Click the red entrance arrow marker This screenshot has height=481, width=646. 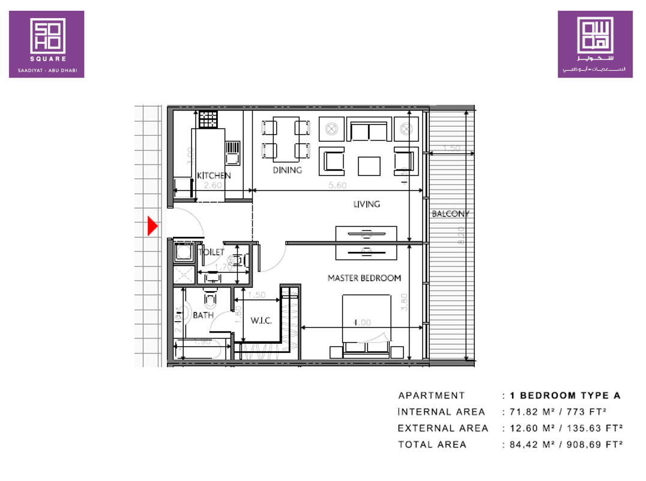pyautogui.click(x=152, y=226)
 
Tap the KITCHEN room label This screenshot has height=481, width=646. pyautogui.click(x=214, y=176)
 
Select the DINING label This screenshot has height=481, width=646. pyautogui.click(x=287, y=170)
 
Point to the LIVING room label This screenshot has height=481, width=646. pyautogui.click(x=366, y=204)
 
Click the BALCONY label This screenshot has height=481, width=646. pyautogui.click(x=450, y=213)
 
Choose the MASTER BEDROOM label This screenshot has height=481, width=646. pyautogui.click(x=364, y=278)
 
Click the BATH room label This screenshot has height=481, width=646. pyautogui.click(x=203, y=315)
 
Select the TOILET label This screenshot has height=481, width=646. pyautogui.click(x=211, y=253)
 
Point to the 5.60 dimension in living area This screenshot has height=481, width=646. pyautogui.click(x=338, y=186)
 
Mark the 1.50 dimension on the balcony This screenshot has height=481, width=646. pyautogui.click(x=451, y=149)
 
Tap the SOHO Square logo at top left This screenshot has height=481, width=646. pyautogui.click(x=46, y=44)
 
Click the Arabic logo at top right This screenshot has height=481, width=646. pyautogui.click(x=595, y=44)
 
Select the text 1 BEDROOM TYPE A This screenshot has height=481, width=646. pyautogui.click(x=565, y=396)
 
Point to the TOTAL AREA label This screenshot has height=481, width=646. pyautogui.click(x=432, y=444)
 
